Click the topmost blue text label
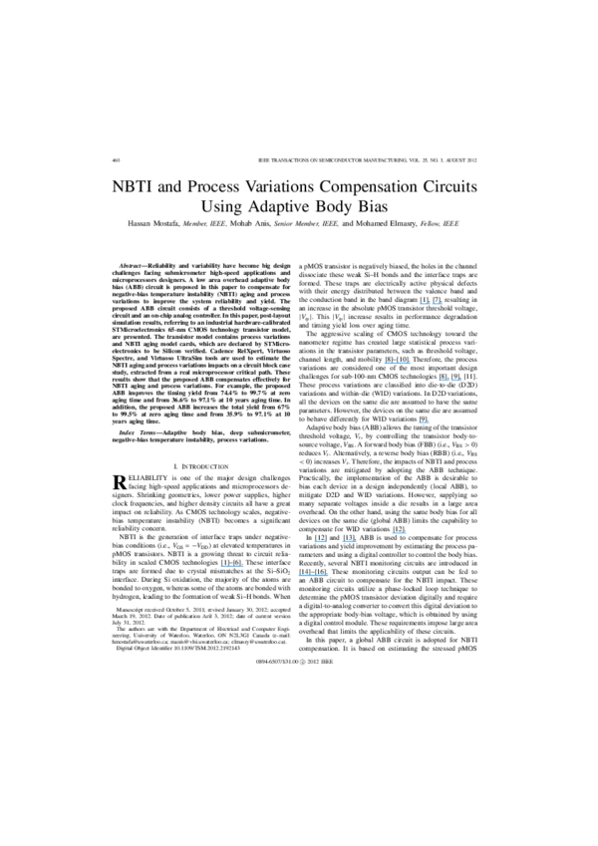(431, 304)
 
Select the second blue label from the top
(398, 364)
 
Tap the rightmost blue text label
(450, 380)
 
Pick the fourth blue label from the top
(424, 423)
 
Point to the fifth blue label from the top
(399, 533)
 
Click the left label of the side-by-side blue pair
(321, 541)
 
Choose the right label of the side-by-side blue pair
(349, 541)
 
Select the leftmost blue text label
(232, 566)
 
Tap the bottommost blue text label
(313, 575)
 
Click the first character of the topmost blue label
(420, 304)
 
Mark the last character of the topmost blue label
(442, 304)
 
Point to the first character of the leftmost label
(221, 566)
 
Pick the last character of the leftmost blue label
(243, 566)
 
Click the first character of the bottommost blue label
(299, 575)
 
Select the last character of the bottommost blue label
(327, 575)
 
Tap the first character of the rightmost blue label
(440, 380)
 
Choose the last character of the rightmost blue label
(460, 380)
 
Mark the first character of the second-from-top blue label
(386, 364)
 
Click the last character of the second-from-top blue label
(410, 364)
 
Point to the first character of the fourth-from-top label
(419, 423)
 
